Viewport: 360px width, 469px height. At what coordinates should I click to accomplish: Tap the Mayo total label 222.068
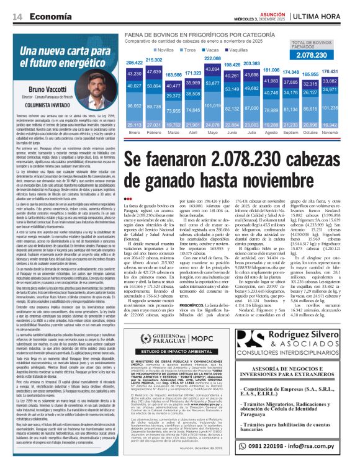click(212, 58)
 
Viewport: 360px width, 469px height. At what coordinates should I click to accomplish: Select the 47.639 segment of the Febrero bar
click(153, 72)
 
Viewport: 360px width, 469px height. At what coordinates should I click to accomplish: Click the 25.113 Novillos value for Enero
click(134, 125)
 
